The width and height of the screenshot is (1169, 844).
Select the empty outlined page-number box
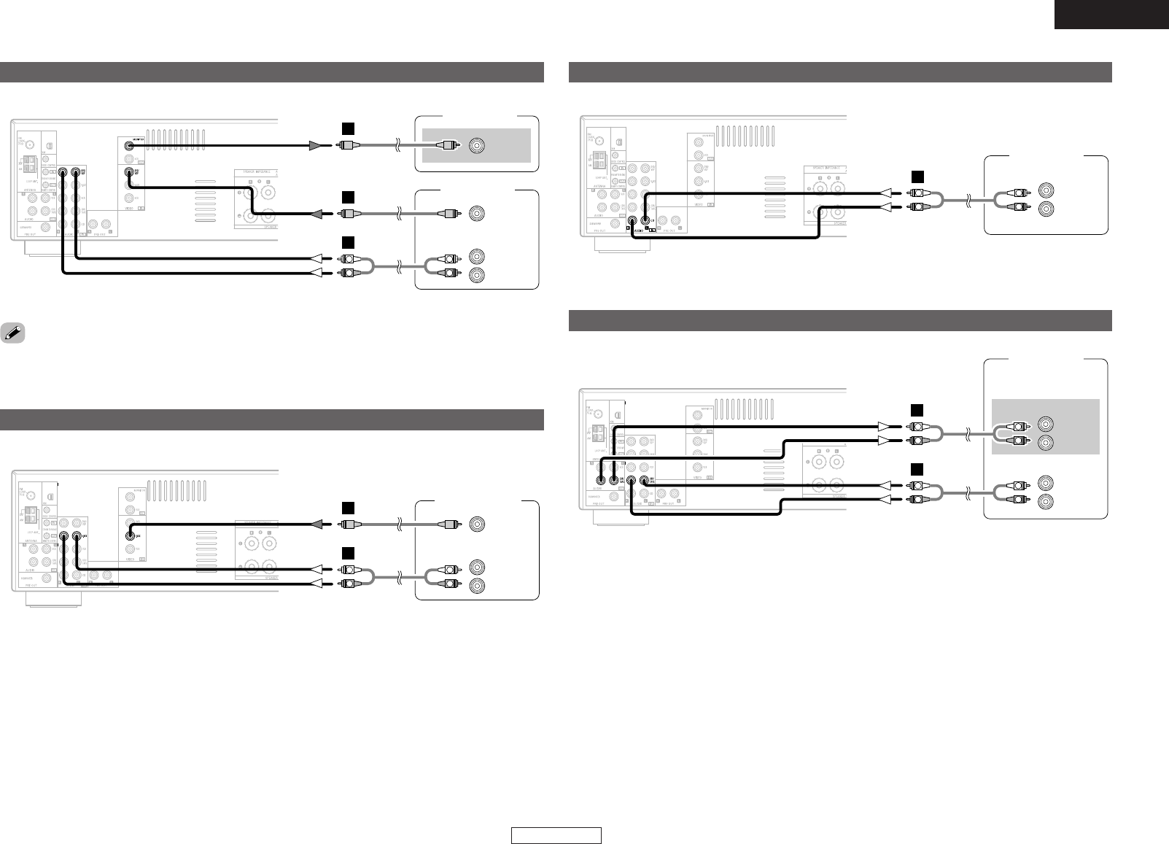pos(556,835)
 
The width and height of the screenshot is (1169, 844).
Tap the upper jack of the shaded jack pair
pos(1046,423)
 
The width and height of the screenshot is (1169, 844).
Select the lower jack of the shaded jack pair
pos(1046,442)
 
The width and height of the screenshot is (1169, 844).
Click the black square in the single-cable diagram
pos(918,176)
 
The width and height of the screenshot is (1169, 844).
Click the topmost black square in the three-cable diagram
pos(349,129)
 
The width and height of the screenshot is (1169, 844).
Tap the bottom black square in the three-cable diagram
pos(349,241)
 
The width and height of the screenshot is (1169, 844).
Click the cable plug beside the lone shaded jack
pos(448,146)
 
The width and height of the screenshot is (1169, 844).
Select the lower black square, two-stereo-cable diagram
pos(918,468)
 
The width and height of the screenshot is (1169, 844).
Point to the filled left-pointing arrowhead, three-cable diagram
pos(319,214)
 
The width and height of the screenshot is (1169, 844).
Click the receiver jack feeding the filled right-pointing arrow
pos(130,144)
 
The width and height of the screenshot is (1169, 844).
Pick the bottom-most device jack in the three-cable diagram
pos(477,275)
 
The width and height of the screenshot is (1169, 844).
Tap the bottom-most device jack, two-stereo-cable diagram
pos(1046,501)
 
